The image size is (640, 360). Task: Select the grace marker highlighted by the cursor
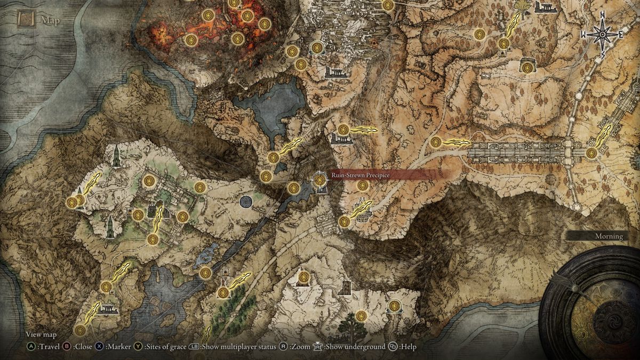(x=319, y=180)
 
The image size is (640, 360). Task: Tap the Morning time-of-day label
(x=609, y=236)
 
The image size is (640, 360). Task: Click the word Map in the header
(x=51, y=21)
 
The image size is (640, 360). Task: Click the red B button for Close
(x=67, y=347)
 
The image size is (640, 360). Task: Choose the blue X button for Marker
(x=99, y=347)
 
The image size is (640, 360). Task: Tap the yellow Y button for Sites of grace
(x=138, y=347)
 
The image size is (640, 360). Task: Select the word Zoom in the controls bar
(x=300, y=347)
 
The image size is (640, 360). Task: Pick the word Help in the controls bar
(x=409, y=347)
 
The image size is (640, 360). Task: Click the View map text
(x=41, y=334)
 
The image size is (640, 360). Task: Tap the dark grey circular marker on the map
(x=246, y=202)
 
